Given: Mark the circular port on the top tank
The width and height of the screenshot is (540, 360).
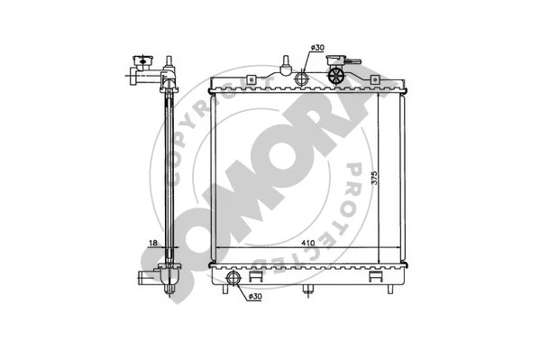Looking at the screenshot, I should coord(301,80).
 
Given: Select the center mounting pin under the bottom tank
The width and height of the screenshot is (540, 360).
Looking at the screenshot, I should coord(307,290).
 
